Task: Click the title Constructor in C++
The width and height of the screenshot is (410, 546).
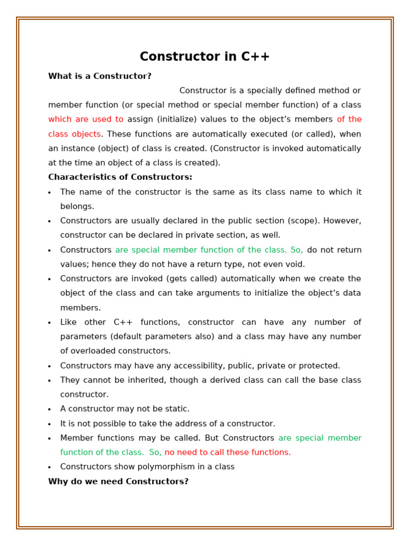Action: [x=204, y=57]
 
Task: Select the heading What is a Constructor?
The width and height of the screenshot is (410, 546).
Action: [x=100, y=76]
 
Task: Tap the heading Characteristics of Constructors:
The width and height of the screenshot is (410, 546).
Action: [x=120, y=177]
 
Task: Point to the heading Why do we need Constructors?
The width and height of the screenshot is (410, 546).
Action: [x=118, y=481]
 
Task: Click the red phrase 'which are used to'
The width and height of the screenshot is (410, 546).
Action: [x=85, y=119]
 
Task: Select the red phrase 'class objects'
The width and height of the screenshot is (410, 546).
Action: [x=74, y=134]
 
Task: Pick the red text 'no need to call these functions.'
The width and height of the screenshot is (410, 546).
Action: [x=227, y=452]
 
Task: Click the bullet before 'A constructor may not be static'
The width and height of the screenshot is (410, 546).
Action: [x=50, y=410]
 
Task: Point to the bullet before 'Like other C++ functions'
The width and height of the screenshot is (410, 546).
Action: [x=50, y=323]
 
